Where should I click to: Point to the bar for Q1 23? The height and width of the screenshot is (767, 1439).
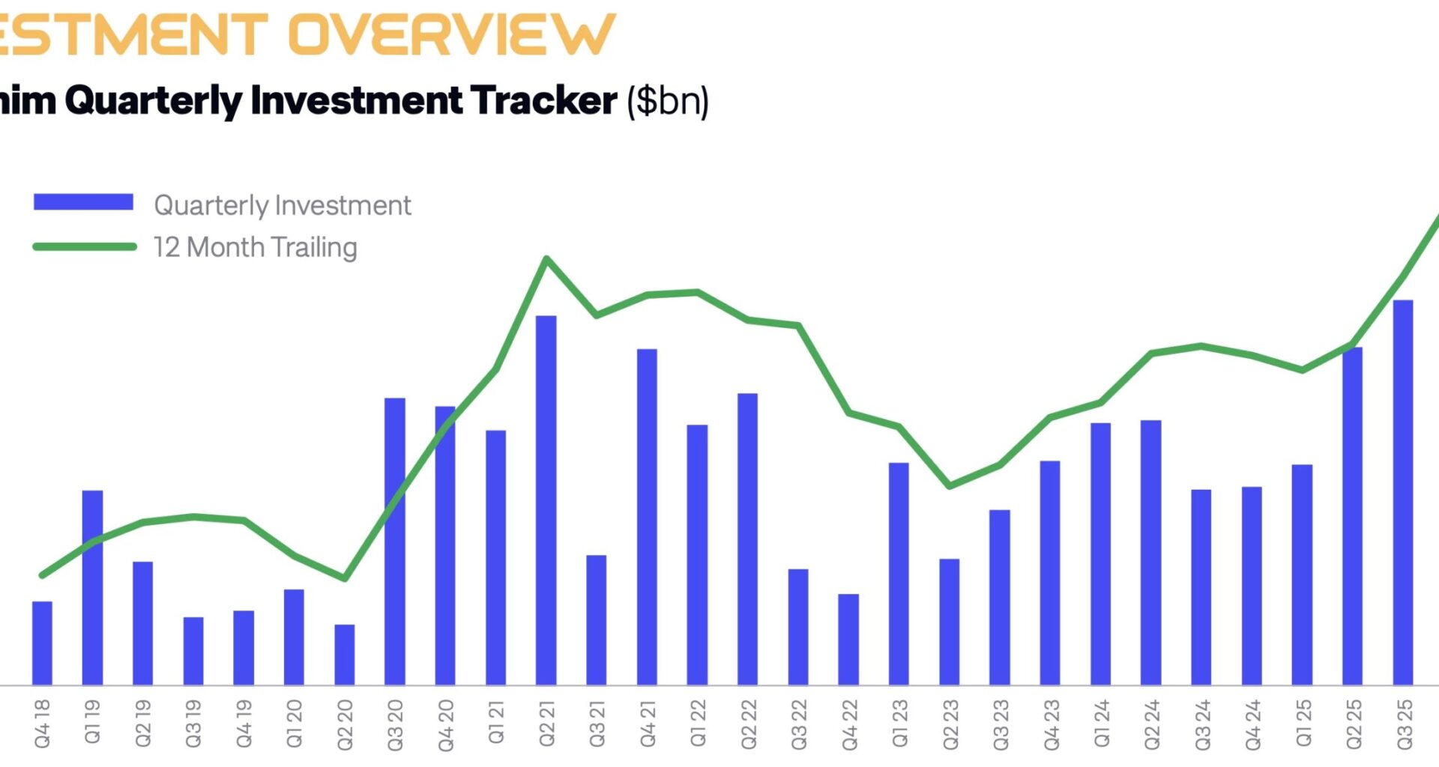pyautogui.click(x=899, y=574)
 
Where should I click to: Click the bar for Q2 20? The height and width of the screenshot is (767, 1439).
pyautogui.click(x=345, y=655)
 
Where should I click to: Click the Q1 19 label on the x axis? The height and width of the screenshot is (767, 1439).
pyautogui.click(x=92, y=722)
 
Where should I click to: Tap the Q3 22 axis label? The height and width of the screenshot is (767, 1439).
pyautogui.click(x=799, y=724)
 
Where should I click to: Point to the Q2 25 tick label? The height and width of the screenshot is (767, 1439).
pyautogui.click(x=1354, y=724)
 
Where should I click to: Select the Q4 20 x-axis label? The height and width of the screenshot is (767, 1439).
pyautogui.click(x=446, y=724)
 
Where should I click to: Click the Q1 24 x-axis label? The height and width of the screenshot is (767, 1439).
pyautogui.click(x=1101, y=724)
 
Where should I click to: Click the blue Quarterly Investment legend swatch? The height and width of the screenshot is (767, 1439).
pyautogui.click(x=83, y=202)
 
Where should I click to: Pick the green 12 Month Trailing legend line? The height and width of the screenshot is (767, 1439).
pyautogui.click(x=84, y=246)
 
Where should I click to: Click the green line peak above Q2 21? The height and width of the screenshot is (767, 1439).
pyautogui.click(x=546, y=259)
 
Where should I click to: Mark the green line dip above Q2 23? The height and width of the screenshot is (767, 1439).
pyautogui.click(x=950, y=485)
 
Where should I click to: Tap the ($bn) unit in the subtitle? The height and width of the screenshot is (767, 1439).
pyautogui.click(x=668, y=101)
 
